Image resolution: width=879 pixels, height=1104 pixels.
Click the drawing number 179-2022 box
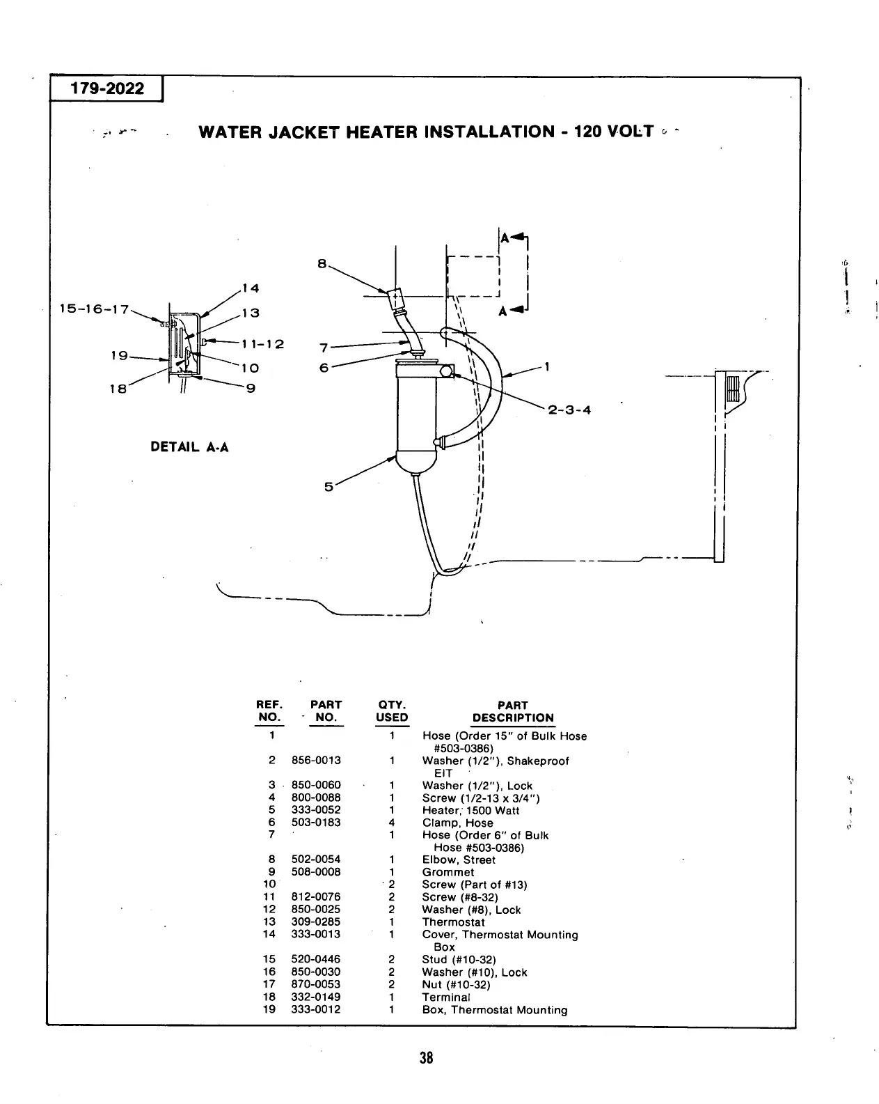(106, 89)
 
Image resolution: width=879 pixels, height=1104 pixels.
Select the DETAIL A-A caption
(189, 447)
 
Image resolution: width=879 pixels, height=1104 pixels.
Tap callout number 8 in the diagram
(321, 263)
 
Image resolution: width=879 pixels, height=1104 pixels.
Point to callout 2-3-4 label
(569, 410)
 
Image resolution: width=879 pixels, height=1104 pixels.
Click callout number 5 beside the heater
(328, 487)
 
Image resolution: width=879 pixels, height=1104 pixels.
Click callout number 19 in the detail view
(120, 356)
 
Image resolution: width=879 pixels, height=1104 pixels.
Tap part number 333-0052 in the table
(316, 810)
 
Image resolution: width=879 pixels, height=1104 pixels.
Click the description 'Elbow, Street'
(459, 860)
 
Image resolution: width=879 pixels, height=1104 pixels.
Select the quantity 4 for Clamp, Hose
(392, 823)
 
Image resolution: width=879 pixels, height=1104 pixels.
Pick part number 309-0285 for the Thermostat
(316, 922)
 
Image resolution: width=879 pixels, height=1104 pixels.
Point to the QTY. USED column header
(392, 711)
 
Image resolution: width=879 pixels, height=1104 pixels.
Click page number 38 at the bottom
(426, 1058)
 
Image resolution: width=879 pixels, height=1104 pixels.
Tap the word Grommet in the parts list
(448, 872)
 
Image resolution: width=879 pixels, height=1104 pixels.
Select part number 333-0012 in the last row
(316, 1009)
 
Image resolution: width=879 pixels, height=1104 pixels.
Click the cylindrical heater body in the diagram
(415, 411)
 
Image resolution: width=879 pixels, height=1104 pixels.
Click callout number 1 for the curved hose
(548, 366)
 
